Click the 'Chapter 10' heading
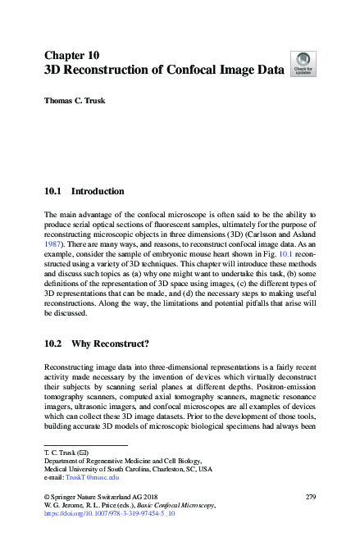[x=71, y=55]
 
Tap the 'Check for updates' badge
[x=303, y=64]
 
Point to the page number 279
[x=310, y=498]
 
